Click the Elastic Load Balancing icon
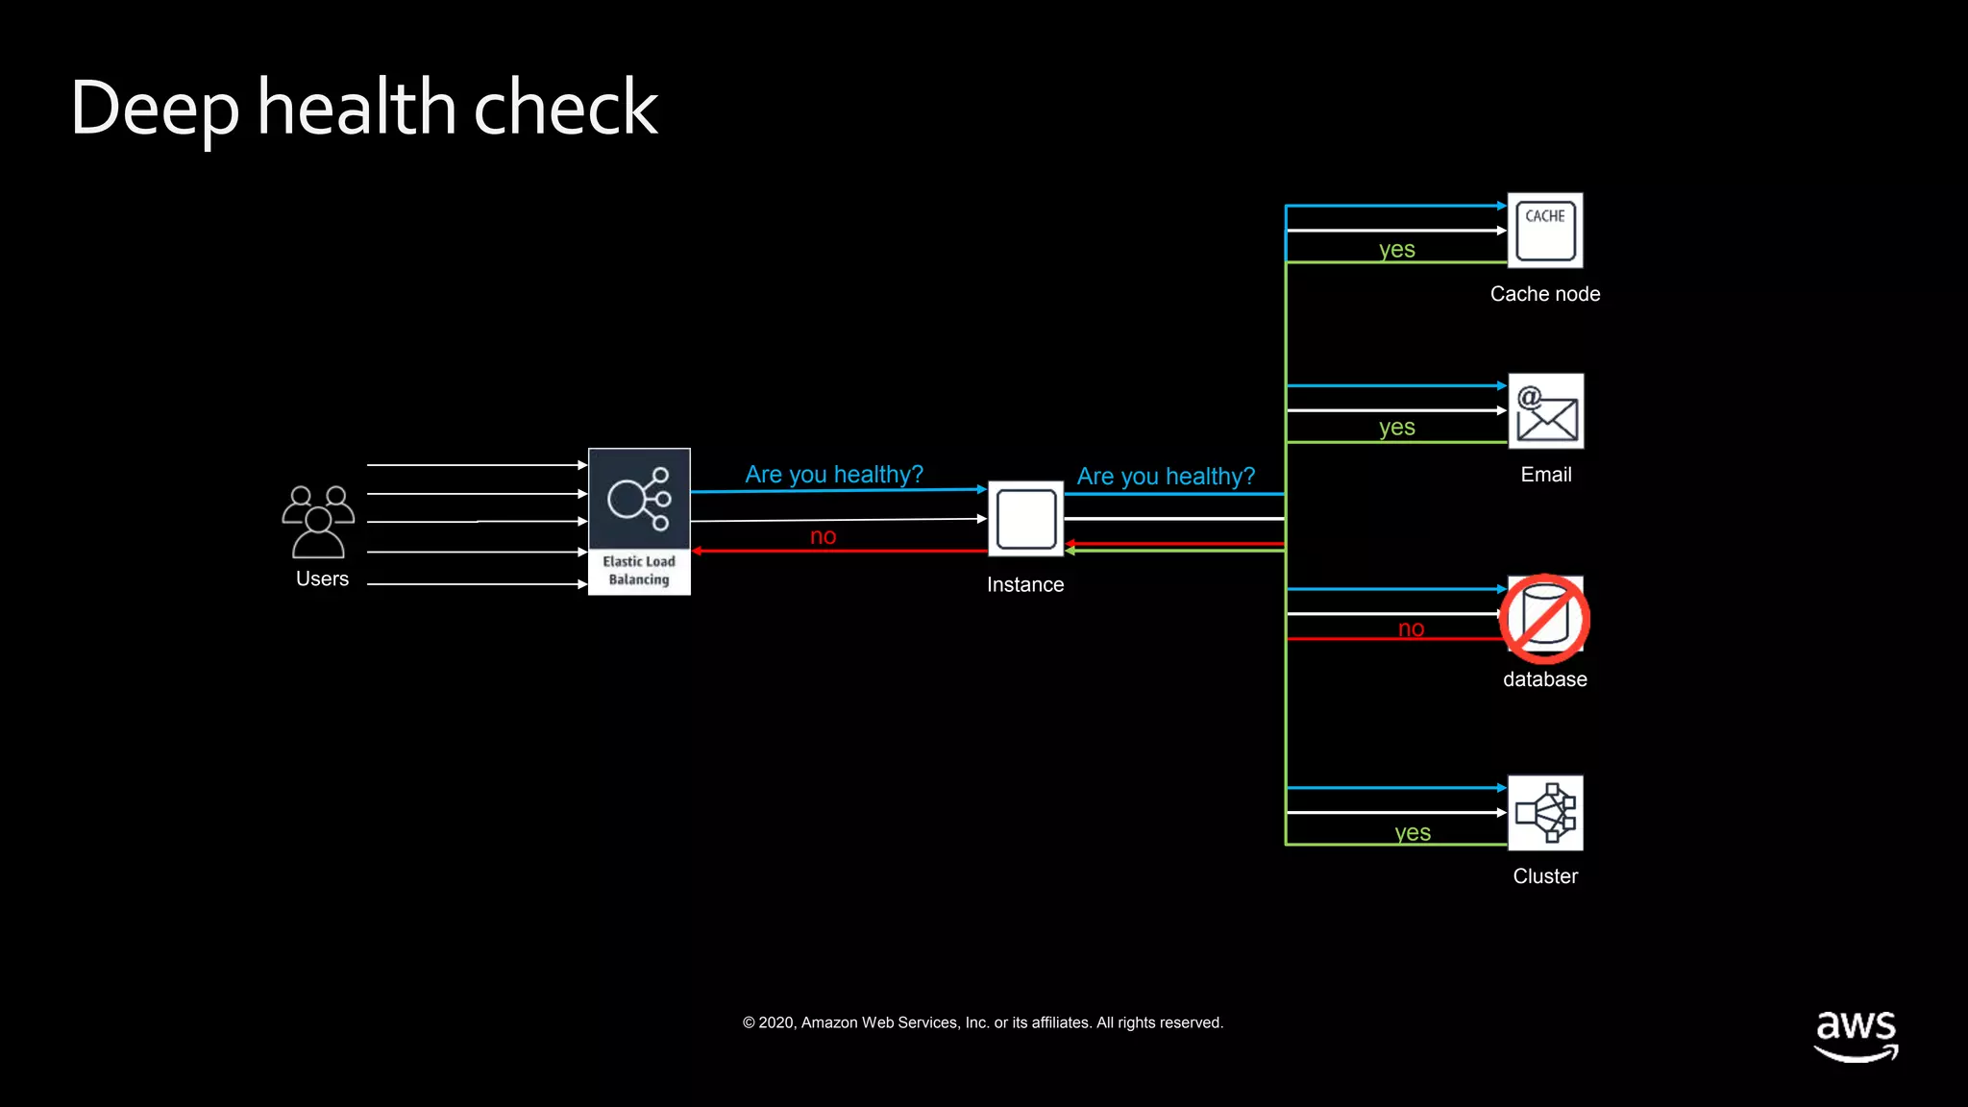[x=639, y=520]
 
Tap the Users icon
[x=318, y=522]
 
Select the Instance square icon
[x=1025, y=519]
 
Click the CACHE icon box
[x=1544, y=231]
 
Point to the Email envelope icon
[x=1545, y=411]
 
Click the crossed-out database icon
[x=1544, y=619]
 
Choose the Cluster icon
[x=1544, y=813]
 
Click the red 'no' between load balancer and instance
[x=823, y=536]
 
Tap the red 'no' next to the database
[x=1411, y=628]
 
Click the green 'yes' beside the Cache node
[x=1396, y=250]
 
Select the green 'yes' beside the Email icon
[x=1396, y=428]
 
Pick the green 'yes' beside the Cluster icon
[x=1412, y=833]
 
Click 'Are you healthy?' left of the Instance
[x=833, y=475]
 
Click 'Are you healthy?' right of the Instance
[x=1165, y=477]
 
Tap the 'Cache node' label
[x=1544, y=294]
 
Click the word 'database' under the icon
[x=1544, y=679]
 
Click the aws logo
[x=1856, y=1034]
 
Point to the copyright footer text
[x=982, y=1022]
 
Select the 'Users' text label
[x=322, y=578]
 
